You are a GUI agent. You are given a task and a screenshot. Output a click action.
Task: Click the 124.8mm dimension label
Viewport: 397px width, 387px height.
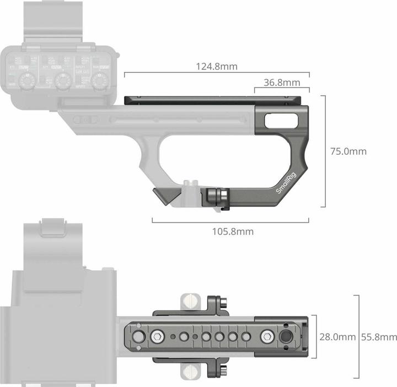coord(217,67)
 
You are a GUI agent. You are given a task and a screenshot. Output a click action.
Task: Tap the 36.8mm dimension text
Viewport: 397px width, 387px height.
coord(282,83)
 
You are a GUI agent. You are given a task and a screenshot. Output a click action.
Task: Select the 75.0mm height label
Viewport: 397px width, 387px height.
coord(348,151)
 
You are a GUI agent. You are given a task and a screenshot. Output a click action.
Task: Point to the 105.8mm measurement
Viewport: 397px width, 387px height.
coord(233,231)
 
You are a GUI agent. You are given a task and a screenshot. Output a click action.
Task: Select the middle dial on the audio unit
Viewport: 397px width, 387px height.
coord(62,81)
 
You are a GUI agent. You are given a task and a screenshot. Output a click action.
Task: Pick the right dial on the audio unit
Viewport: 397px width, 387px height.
coord(98,81)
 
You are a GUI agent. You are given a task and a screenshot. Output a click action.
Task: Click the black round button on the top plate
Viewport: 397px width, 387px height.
coord(286,337)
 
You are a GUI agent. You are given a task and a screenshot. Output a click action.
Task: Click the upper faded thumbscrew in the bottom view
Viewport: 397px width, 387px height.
coord(190,301)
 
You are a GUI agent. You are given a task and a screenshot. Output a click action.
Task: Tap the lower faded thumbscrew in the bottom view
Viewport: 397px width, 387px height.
coord(190,372)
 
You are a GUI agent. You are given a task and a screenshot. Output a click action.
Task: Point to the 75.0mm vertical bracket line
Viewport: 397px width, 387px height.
coord(325,151)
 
